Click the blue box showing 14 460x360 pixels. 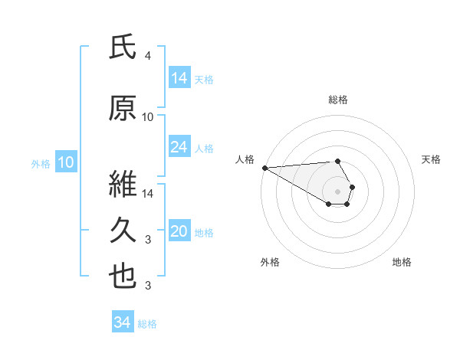coord(179,77)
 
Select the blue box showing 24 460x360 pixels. coord(179,146)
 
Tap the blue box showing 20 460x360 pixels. coord(179,231)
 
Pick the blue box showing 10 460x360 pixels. coord(65,162)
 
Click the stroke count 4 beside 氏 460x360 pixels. coord(147,56)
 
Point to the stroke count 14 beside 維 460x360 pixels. coord(148,193)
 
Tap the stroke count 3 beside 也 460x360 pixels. coord(147,286)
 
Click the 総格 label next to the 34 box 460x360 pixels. coord(147,324)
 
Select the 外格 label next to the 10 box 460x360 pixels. coord(40,163)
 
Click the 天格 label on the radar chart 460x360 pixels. coord(431,159)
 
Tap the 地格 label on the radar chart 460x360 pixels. coord(402,262)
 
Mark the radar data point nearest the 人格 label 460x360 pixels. coord(264,168)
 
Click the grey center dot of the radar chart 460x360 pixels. coord(337,190)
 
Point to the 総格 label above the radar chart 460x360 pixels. coord(338,100)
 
